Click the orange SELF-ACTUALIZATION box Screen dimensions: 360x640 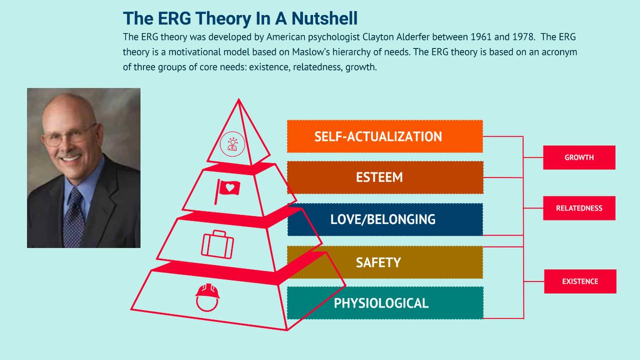pyautogui.click(x=385, y=137)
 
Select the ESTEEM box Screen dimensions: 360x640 pyautogui.click(x=385, y=178)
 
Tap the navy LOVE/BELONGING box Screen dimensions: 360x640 pyautogui.click(x=385, y=219)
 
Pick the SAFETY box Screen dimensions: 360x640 pyautogui.click(x=385, y=262)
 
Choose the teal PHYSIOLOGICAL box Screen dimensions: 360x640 pyautogui.click(x=385, y=303)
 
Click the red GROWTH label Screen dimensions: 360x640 pyautogui.click(x=579, y=157)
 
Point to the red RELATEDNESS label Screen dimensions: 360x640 pyautogui.click(x=579, y=208)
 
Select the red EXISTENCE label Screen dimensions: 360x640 pyautogui.click(x=580, y=281)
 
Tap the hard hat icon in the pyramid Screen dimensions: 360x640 pyautogui.click(x=207, y=297)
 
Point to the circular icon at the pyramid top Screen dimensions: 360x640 pyautogui.click(x=232, y=143)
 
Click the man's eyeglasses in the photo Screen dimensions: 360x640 pyautogui.click(x=69, y=135)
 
